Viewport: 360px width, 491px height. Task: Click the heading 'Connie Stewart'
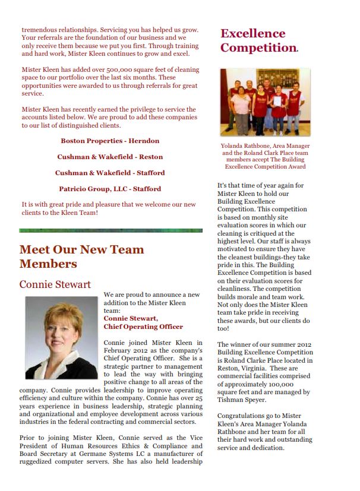[55, 284]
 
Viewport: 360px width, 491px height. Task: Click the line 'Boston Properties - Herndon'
[110, 141]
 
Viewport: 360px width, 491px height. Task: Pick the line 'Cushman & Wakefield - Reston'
[110, 157]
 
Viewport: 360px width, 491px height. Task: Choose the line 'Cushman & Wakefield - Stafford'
[110, 173]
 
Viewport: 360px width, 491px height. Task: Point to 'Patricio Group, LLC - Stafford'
[110, 189]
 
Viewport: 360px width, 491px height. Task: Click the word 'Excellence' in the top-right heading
[253, 33]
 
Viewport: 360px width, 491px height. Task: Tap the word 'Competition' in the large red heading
[258, 47]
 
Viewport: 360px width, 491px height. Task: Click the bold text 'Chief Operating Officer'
[143, 327]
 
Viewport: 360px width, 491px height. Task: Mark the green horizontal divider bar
[109, 230]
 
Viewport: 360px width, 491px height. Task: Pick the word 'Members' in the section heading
[48, 264]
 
